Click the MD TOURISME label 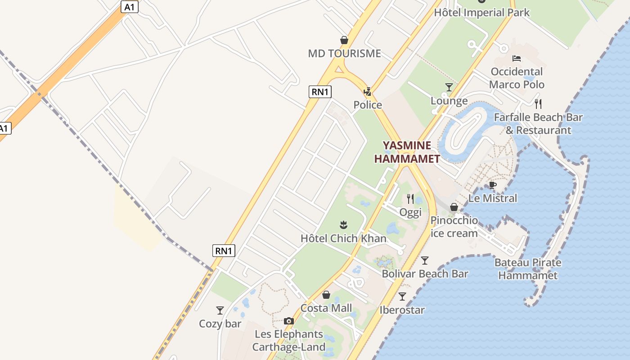(x=344, y=54)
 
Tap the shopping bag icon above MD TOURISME (x=344, y=40)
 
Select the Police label (x=367, y=105)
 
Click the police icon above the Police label (x=368, y=92)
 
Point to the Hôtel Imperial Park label (x=481, y=13)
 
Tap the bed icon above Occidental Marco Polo (x=517, y=58)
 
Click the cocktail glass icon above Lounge (x=449, y=87)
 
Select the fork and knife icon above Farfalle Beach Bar (x=538, y=104)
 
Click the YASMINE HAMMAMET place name (x=407, y=152)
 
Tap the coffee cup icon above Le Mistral (x=493, y=185)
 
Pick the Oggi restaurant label (x=410, y=212)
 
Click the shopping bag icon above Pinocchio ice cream (x=454, y=207)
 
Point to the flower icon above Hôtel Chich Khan (x=343, y=225)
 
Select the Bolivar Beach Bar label (x=425, y=274)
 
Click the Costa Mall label (x=326, y=308)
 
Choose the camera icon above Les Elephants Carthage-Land (x=288, y=321)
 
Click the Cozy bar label (x=220, y=324)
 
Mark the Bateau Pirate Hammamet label (x=528, y=269)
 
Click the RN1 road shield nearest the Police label (x=320, y=92)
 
